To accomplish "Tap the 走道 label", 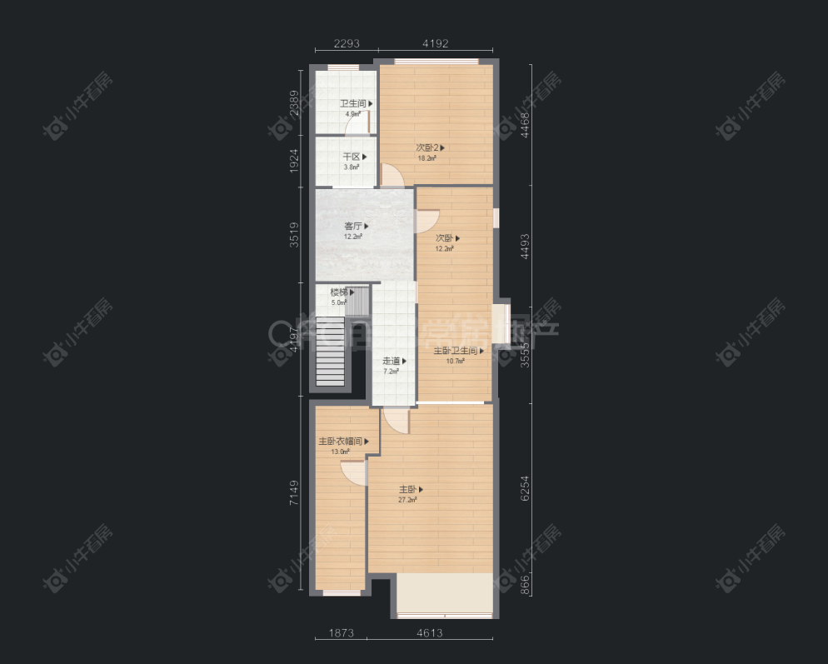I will tap(393, 362).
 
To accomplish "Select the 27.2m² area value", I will tap(407, 500).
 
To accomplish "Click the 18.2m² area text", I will tap(427, 158).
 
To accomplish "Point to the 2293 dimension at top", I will tap(347, 44).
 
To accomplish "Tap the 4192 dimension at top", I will tap(435, 44).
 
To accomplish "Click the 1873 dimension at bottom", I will tap(342, 633).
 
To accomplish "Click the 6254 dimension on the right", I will tap(526, 487).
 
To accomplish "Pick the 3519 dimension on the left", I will tap(294, 234).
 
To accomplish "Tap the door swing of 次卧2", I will tap(391, 175).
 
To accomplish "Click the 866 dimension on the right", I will tap(526, 585).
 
